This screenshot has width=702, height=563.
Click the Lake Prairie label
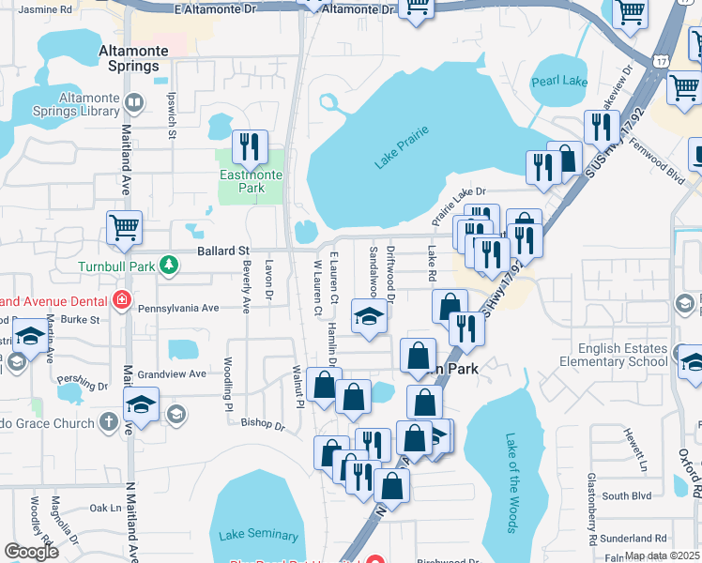coord(402,147)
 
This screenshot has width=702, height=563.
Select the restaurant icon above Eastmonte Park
coord(250,145)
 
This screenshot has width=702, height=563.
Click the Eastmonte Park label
coord(242,181)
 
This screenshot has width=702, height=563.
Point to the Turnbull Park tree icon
coord(168,266)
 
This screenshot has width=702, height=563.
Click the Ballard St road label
coord(223,251)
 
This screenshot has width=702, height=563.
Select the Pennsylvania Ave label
coord(178,307)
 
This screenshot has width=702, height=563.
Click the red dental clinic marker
coord(120,301)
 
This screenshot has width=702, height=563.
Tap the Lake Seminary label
coord(258,534)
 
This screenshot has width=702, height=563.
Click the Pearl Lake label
coord(559,82)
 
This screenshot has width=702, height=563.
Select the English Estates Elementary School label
coord(622,355)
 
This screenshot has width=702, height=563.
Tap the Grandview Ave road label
coord(172,373)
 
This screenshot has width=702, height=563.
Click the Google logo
coord(32,552)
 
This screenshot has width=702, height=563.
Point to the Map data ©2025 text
coord(662,555)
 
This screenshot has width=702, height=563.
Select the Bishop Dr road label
coord(263,424)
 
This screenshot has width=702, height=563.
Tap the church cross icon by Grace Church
coord(110,422)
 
